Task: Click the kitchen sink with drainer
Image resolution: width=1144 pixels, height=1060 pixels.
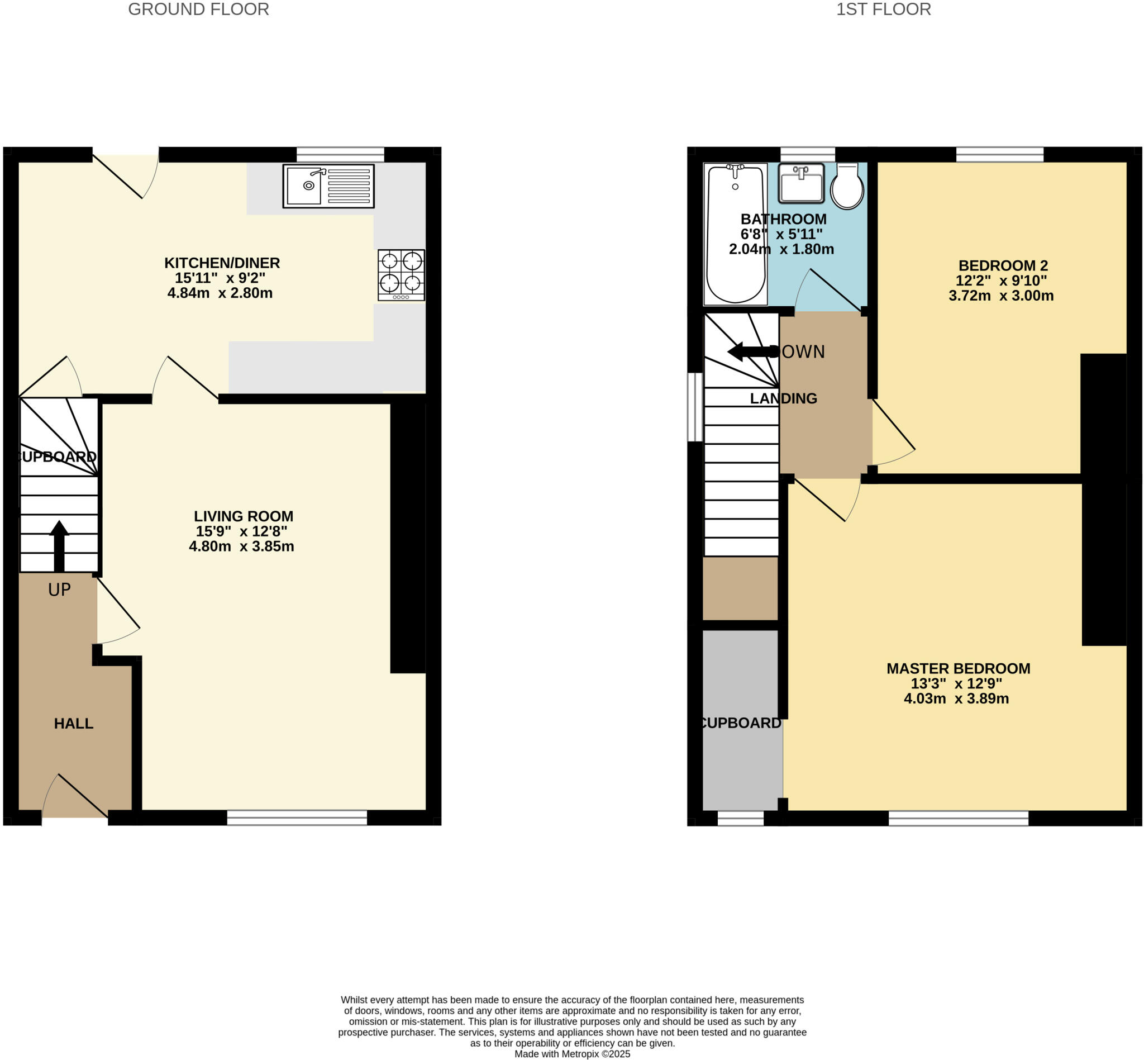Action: pyautogui.click(x=328, y=186)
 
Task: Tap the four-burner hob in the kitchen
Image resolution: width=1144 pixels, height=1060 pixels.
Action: pyautogui.click(x=401, y=275)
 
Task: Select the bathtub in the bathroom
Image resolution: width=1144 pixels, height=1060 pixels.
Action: pyautogui.click(x=735, y=234)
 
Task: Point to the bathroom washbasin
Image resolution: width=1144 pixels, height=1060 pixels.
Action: pyautogui.click(x=802, y=183)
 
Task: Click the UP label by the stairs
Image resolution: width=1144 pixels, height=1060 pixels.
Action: pyautogui.click(x=59, y=590)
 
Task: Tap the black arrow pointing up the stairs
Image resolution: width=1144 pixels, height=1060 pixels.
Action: pyautogui.click(x=59, y=545)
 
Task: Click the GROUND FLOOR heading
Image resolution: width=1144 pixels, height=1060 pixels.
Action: pyautogui.click(x=198, y=9)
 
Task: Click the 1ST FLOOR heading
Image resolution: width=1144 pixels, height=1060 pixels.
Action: pyautogui.click(x=883, y=9)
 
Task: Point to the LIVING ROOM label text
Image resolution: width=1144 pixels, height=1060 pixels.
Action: pyautogui.click(x=243, y=516)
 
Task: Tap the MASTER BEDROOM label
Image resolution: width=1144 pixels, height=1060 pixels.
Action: pyautogui.click(x=958, y=668)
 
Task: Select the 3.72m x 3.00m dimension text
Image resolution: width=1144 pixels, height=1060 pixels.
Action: pyautogui.click(x=1000, y=296)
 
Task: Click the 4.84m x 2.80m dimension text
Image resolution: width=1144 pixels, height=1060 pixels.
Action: pyautogui.click(x=220, y=293)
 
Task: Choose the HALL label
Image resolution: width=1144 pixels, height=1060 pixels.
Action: pyautogui.click(x=73, y=723)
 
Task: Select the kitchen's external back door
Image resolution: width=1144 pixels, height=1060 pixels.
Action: pyautogui.click(x=126, y=172)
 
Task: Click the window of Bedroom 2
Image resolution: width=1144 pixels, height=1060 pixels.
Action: pyautogui.click(x=999, y=154)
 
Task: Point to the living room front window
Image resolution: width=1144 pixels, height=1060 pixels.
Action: pyautogui.click(x=297, y=817)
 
